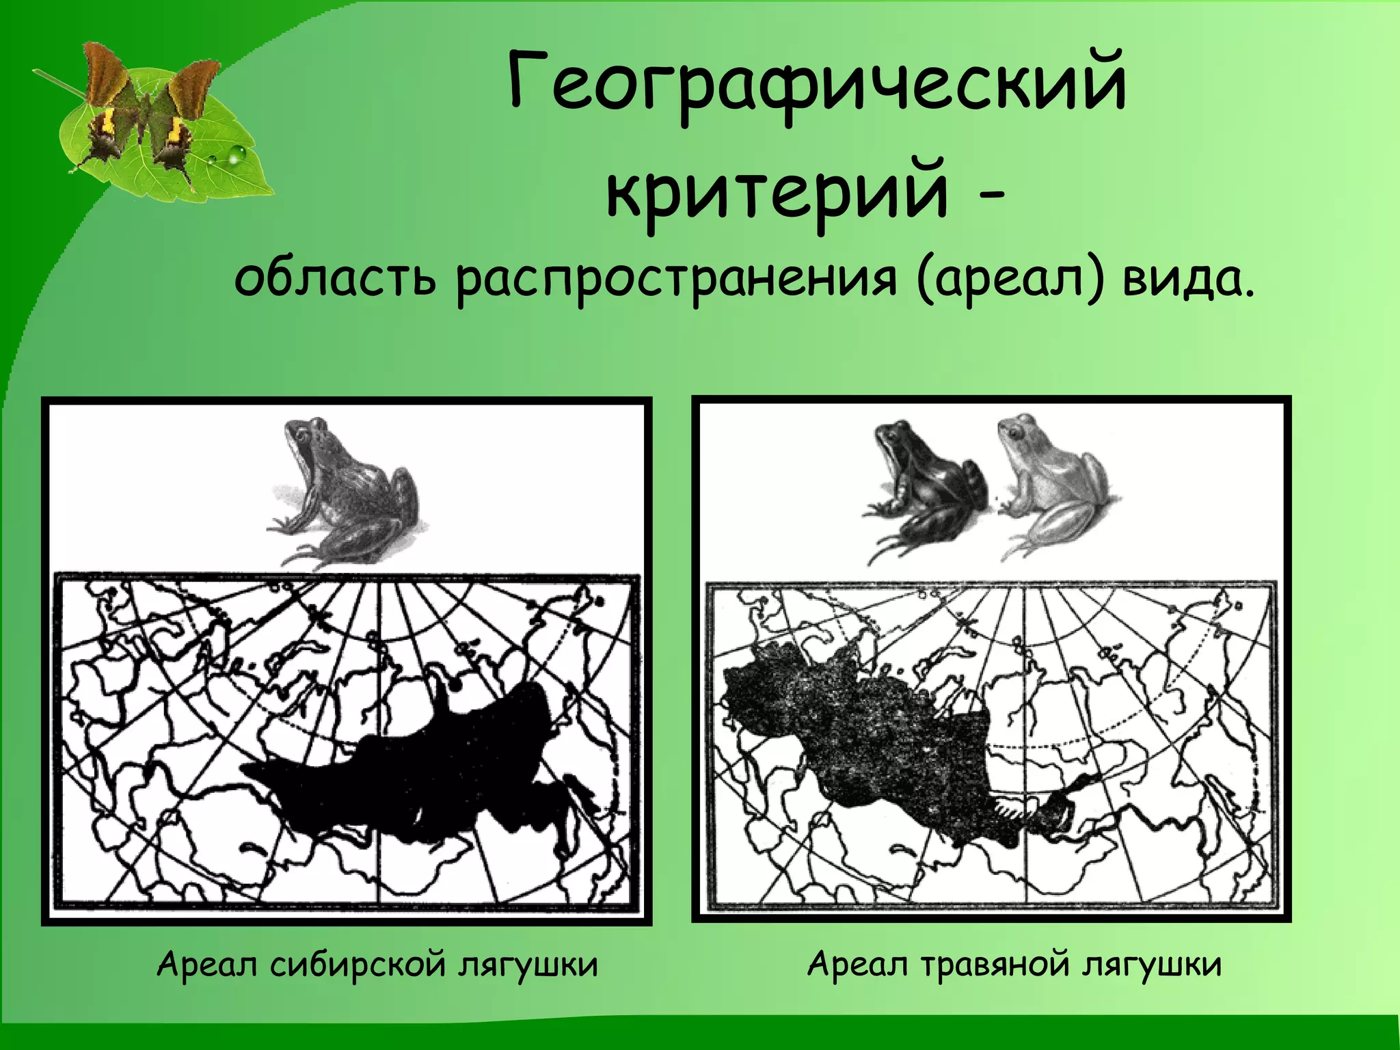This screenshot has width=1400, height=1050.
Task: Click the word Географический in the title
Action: (817, 87)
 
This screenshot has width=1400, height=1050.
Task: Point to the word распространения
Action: (675, 280)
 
